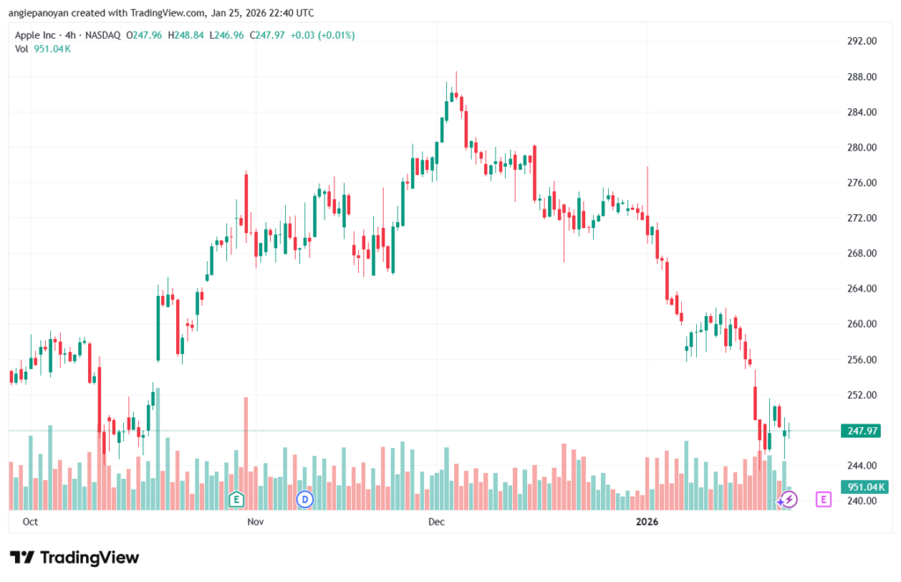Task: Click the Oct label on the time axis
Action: (30, 522)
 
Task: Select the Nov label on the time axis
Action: (255, 522)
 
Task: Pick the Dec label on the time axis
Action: (436, 522)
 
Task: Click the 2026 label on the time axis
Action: (648, 522)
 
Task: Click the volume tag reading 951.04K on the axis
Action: (863, 487)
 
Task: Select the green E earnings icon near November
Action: (236, 499)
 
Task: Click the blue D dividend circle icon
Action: (305, 499)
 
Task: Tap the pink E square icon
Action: (824, 499)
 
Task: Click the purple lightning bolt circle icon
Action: (789, 499)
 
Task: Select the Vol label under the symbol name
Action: (22, 48)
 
